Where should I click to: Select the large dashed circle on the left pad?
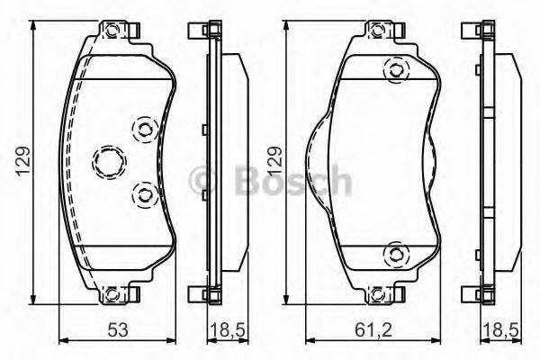click(x=106, y=162)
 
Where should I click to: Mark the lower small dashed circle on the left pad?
click(x=142, y=193)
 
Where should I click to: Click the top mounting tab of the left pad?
click(x=112, y=32)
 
